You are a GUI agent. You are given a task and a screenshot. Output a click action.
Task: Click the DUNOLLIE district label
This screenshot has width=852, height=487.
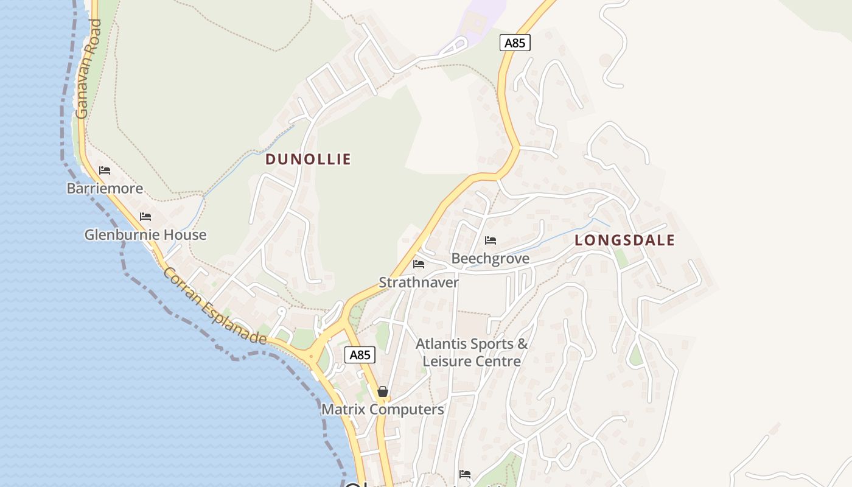pyautogui.click(x=308, y=159)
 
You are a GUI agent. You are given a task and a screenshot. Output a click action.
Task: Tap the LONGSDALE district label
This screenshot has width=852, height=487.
pyautogui.click(x=624, y=240)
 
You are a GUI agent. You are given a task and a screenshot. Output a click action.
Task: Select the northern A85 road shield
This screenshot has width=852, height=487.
pyautogui.click(x=515, y=43)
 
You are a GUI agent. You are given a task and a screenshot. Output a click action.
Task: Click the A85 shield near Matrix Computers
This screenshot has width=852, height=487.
pyautogui.click(x=360, y=355)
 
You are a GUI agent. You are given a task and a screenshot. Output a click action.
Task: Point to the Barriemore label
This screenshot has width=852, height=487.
pyautogui.click(x=105, y=188)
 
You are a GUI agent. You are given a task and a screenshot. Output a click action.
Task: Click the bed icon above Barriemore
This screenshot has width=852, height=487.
pyautogui.click(x=105, y=170)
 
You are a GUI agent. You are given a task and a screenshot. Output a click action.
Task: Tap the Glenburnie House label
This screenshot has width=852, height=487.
pyautogui.click(x=145, y=234)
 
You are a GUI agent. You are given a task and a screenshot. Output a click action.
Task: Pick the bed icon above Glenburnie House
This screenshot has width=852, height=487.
pyautogui.click(x=145, y=217)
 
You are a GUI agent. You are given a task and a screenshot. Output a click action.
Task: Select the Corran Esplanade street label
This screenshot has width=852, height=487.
pyautogui.click(x=214, y=306)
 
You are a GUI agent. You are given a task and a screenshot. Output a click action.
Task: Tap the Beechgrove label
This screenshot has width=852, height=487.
pyautogui.click(x=490, y=259)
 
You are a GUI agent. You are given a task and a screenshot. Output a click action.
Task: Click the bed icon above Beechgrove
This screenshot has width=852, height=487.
pyautogui.click(x=491, y=240)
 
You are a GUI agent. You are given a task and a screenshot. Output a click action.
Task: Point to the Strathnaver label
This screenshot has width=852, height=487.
pyautogui.click(x=419, y=282)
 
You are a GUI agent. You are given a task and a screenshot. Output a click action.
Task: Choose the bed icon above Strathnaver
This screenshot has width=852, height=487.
pyautogui.click(x=419, y=264)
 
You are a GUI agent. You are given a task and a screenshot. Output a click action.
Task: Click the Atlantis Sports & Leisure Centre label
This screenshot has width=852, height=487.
pyautogui.click(x=472, y=352)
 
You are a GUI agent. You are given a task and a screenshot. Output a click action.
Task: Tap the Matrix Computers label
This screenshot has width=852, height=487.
pyautogui.click(x=382, y=409)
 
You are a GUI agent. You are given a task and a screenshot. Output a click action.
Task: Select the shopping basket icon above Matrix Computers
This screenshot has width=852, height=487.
pyautogui.click(x=382, y=391)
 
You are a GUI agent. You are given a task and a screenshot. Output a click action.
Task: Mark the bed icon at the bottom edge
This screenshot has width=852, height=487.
pyautogui.click(x=465, y=474)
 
